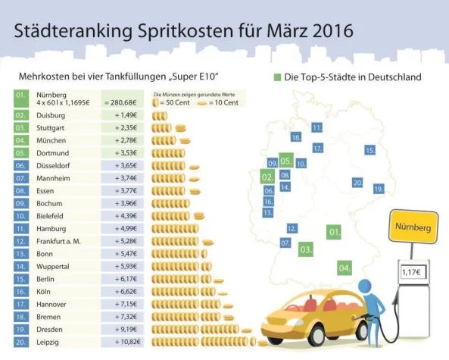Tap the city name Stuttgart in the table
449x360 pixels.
[51, 128]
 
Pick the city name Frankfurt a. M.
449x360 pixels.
[62, 240]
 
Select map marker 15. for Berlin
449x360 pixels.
[370, 150]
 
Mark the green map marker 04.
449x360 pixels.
[345, 268]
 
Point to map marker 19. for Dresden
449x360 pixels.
[379, 188]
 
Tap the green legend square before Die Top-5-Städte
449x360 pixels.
[277, 77]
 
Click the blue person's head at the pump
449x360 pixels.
[366, 286]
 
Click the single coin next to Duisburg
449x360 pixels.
[156, 115]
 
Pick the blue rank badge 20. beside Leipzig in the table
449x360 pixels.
[20, 343]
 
